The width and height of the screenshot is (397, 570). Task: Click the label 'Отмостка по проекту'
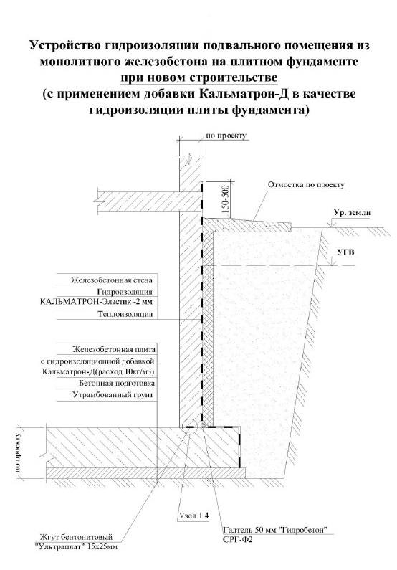point(306,185)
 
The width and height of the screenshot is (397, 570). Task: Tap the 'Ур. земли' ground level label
point(353,213)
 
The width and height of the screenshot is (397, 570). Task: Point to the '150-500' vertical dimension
point(226,199)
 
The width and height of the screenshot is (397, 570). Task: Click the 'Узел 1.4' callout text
point(194,516)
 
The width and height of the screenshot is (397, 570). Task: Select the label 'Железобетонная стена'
point(112,280)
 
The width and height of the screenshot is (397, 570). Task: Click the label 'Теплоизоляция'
point(125,314)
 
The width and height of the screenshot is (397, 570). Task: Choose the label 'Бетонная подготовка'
point(117,383)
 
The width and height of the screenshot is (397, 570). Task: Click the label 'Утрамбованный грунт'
point(113,395)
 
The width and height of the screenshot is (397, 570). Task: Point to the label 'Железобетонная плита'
point(114,350)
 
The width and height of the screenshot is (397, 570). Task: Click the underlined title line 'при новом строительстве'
point(198,77)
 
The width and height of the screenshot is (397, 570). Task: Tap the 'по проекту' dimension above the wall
point(226,136)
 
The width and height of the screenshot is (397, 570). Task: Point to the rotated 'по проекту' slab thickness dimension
point(18,451)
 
